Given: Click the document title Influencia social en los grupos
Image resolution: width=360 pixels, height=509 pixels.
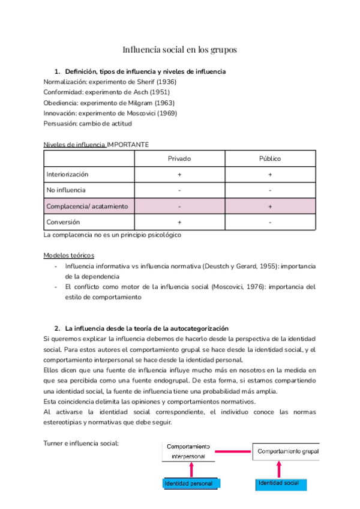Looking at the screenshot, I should tap(180, 49).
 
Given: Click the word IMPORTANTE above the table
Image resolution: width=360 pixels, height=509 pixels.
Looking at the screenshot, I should tap(128, 145).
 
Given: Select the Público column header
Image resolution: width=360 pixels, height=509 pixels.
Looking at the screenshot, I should tap(270, 158).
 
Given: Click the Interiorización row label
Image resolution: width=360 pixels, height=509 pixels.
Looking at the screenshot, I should tap(67, 174).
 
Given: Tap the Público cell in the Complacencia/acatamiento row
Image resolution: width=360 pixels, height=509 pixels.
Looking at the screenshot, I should tap(270, 206).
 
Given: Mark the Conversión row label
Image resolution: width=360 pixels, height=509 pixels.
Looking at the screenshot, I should tap(63, 221).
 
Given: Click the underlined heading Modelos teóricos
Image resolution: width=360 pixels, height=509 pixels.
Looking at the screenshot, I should tap(68, 255).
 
